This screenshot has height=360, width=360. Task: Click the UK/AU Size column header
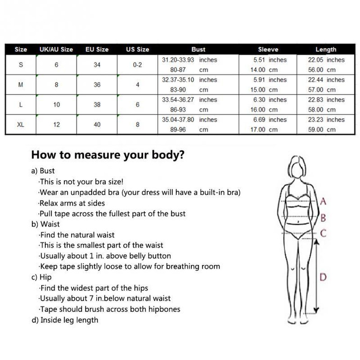57,49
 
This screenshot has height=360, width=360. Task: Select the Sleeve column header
268,49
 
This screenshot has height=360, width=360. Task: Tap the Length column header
326,49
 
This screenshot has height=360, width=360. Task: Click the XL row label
21,125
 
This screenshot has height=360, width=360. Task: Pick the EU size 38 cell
97,105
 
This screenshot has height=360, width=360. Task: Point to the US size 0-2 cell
137,65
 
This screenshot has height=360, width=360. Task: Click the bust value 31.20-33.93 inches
189,60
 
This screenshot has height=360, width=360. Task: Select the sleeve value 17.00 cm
264,130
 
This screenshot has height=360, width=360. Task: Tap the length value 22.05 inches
326,60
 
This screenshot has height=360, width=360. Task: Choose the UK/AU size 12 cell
57,125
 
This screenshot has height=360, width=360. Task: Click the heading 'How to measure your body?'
108,155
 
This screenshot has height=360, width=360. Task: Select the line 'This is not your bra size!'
81,182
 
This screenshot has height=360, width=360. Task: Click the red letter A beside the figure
323,202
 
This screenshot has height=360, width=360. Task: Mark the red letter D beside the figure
323,277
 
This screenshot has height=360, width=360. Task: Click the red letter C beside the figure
323,233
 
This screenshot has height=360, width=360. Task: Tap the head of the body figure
297,166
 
